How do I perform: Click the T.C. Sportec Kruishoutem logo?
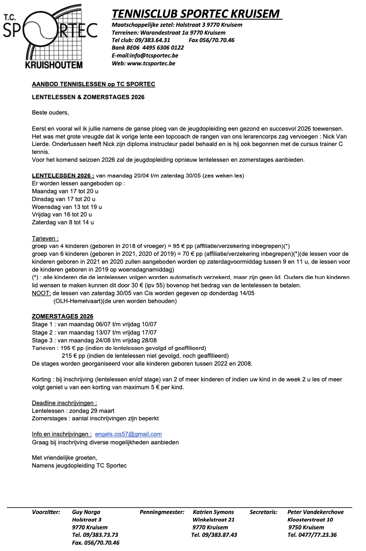[50, 37]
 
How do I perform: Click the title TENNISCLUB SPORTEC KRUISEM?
[196, 14]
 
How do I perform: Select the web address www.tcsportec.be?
[151, 63]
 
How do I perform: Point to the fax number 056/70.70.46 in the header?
[217, 40]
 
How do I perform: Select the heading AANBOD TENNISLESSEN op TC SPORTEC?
[93, 84]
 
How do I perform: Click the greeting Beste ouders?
[50, 113]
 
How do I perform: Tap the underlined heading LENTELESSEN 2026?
[63, 176]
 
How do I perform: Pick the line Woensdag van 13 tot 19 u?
[67, 207]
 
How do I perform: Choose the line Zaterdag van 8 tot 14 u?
[63, 222]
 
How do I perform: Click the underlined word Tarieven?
[45, 239]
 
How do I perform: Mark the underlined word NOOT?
[41, 293]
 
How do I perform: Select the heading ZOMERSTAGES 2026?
[63, 316]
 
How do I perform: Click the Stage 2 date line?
[94, 333]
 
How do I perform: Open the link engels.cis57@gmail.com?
[128, 435]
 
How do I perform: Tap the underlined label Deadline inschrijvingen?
[64, 403]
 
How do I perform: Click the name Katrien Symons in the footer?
[213, 512]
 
